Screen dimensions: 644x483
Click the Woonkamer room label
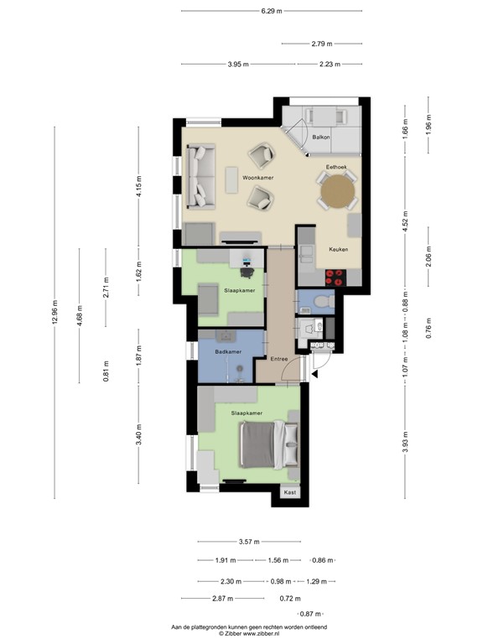(x=258, y=179)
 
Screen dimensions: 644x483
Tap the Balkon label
(x=319, y=137)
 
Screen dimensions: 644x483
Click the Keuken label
(x=338, y=249)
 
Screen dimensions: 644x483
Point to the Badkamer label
(x=228, y=352)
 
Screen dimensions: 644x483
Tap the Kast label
(x=290, y=493)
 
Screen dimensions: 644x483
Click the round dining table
(x=339, y=195)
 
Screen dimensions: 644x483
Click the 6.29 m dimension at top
(x=272, y=11)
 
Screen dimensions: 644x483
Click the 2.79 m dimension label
(x=321, y=44)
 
